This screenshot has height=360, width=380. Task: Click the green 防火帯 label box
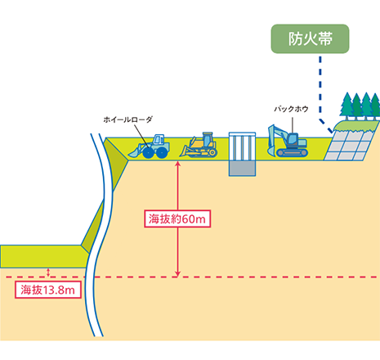(310, 38)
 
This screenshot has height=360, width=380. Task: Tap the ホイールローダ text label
(127, 119)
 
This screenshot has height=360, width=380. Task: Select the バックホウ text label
(291, 109)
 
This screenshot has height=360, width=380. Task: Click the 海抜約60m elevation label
(177, 218)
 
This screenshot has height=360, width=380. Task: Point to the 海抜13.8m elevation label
(48, 290)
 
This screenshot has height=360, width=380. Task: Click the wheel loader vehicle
(150, 146)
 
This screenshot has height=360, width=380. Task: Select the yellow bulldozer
(199, 146)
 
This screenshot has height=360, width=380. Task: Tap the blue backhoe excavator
(288, 142)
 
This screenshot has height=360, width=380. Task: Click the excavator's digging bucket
(270, 151)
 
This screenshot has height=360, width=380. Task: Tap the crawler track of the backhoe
(292, 153)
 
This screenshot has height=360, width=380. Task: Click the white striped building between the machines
(242, 146)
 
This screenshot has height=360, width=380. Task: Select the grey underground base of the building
(242, 169)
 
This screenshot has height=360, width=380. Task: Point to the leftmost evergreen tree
(346, 106)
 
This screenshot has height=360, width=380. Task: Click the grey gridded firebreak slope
(348, 146)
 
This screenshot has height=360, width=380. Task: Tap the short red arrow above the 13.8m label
(48, 272)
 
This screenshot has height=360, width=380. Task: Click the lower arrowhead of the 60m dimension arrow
(177, 274)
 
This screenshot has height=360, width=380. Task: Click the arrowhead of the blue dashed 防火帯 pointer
(331, 131)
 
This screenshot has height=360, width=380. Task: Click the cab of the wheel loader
(159, 139)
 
